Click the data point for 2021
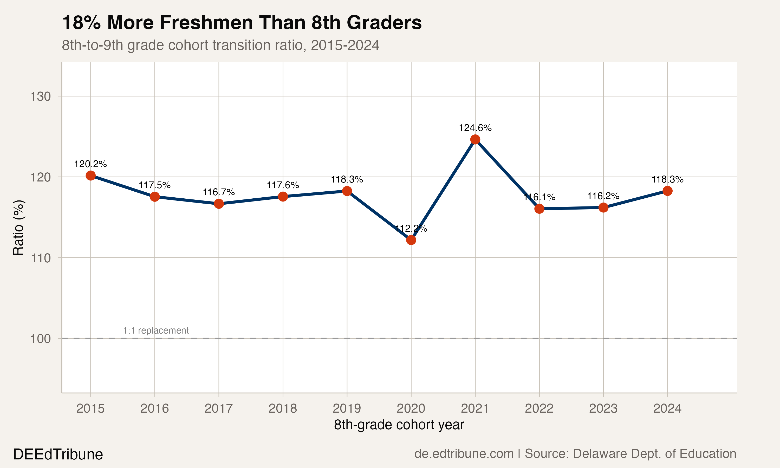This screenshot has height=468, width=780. tap(475, 139)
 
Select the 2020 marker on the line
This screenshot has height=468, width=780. tap(411, 240)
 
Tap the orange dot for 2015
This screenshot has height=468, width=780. tap(90, 175)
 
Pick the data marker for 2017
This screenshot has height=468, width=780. tap(219, 204)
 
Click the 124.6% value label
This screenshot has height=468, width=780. tap(475, 128)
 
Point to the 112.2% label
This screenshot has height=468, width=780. tap(411, 229)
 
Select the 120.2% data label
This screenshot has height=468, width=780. tap(90, 164)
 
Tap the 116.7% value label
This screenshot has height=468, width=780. tap(219, 192)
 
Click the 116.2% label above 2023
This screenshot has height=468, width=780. tap(603, 196)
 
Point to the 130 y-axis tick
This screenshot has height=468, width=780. tap(40, 96)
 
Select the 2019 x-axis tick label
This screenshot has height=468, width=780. tap(347, 409)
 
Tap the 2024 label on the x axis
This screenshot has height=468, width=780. tap(667, 409)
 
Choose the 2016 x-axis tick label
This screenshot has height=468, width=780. tap(154, 409)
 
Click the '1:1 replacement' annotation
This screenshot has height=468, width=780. tap(156, 330)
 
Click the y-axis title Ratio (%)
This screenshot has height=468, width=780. tap(18, 227)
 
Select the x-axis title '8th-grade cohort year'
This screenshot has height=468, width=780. tap(399, 425)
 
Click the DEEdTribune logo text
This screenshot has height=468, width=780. tap(58, 454)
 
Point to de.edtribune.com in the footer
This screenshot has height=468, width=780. tap(464, 454)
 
